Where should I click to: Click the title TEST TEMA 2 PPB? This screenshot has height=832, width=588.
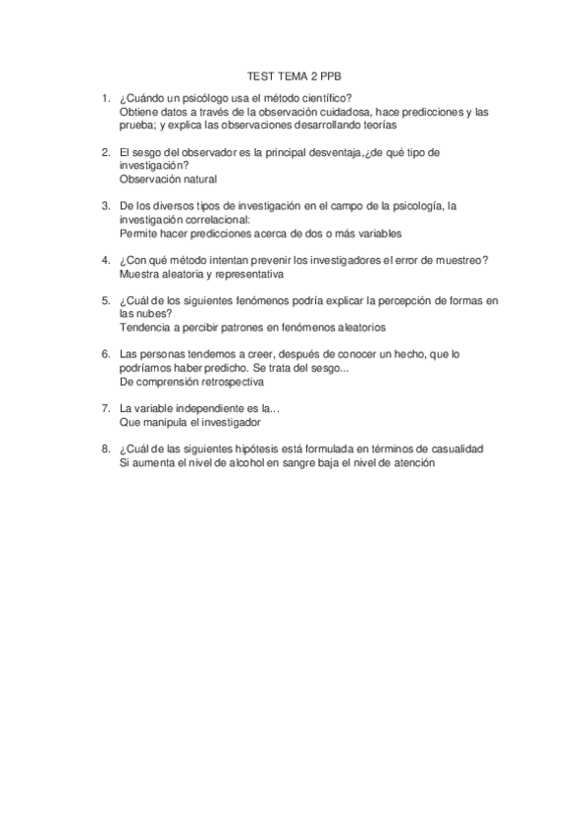click(294, 75)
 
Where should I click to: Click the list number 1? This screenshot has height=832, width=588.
click(105, 97)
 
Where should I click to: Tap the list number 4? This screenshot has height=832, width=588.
click(105, 260)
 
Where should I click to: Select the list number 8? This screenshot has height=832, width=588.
click(105, 448)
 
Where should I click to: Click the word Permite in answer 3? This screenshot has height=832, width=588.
click(137, 234)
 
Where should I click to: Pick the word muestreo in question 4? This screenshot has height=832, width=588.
click(449, 260)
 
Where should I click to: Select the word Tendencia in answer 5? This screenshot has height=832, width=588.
click(145, 328)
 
